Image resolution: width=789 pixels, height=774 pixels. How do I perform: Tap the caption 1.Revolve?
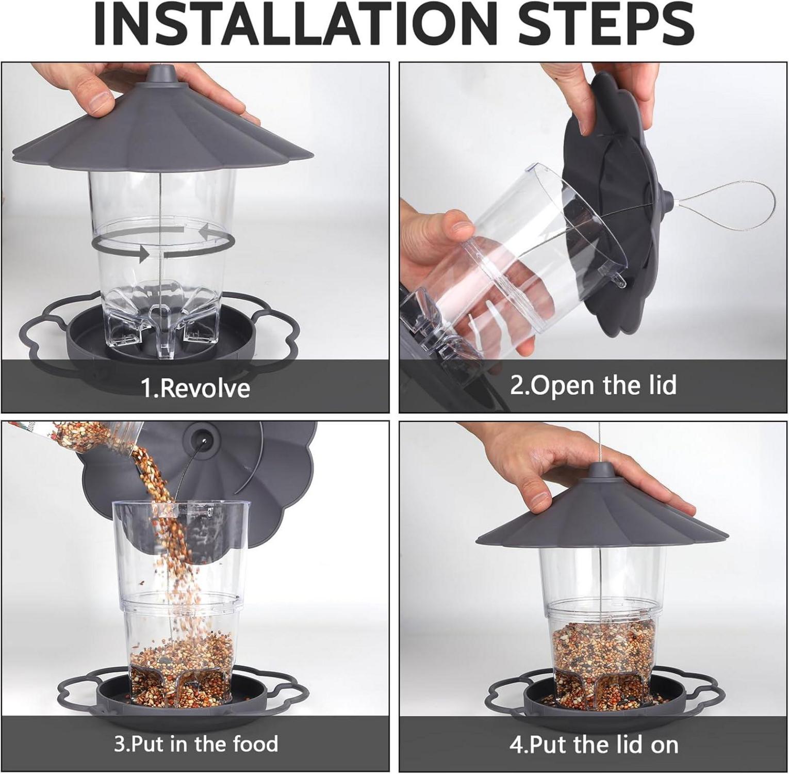coord(195,388)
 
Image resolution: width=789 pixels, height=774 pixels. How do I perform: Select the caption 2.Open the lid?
coord(593,385)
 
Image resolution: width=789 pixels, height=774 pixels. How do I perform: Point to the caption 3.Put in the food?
coord(195,744)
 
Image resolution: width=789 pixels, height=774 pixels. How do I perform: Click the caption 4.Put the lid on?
coord(594,745)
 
